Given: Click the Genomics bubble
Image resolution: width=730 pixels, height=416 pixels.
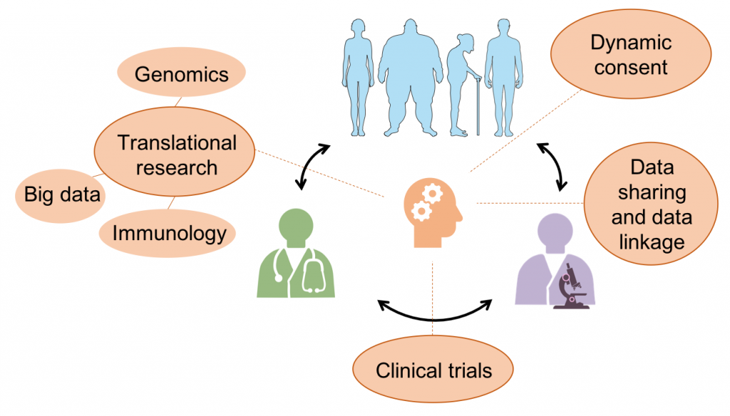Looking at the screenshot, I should pyautogui.click(x=181, y=74).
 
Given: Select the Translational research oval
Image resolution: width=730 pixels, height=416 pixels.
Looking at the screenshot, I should pyautogui.click(x=176, y=155).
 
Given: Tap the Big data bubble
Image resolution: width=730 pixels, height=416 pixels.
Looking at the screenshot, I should pyautogui.click(x=62, y=194).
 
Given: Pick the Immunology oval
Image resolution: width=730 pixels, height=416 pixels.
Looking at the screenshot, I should pyautogui.click(x=169, y=232).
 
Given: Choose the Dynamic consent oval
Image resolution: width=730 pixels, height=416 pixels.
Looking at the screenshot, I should pyautogui.click(x=630, y=55).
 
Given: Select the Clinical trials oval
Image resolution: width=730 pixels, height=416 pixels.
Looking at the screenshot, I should pyautogui.click(x=433, y=370).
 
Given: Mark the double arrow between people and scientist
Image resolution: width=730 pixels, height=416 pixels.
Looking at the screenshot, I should pyautogui.click(x=554, y=166).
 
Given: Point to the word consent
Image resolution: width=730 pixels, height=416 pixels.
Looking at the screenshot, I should pyautogui.click(x=630, y=68).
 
